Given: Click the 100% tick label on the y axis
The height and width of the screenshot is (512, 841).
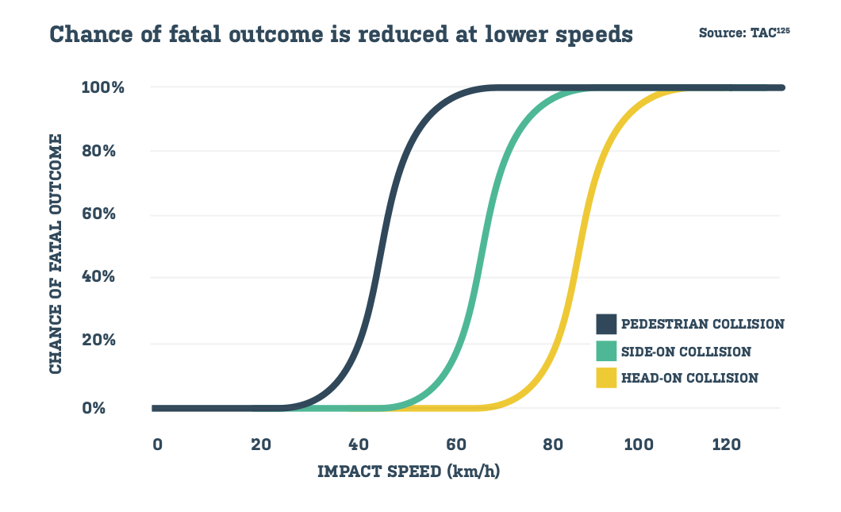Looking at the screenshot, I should pos(102,87).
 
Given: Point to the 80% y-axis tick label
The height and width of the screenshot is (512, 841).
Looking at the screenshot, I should pos(106,151).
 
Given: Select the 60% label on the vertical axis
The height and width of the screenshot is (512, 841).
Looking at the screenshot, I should pos(106,214).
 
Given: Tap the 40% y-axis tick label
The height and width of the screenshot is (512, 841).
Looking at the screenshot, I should pos(106,278).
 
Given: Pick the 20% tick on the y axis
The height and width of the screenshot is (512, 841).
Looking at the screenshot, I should pos(106,341).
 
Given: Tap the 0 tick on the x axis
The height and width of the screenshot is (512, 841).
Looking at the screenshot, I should pos(157,445).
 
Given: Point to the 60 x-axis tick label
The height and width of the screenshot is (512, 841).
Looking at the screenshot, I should pos(455,445).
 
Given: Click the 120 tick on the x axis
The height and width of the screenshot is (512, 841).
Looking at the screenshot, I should pos(726,445).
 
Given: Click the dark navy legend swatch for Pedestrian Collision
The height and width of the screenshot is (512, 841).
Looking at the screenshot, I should pos(606,324).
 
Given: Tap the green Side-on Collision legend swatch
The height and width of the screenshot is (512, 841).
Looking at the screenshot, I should pos(606,351).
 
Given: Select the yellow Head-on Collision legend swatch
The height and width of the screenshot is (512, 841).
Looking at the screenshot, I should pos(606,378).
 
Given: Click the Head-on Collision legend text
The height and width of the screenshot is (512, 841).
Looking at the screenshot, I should pos(689,378).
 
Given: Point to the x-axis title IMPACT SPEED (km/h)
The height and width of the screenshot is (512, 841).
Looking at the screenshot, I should pos(409,471).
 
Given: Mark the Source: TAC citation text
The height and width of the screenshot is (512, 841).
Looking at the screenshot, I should pos(743,33).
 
